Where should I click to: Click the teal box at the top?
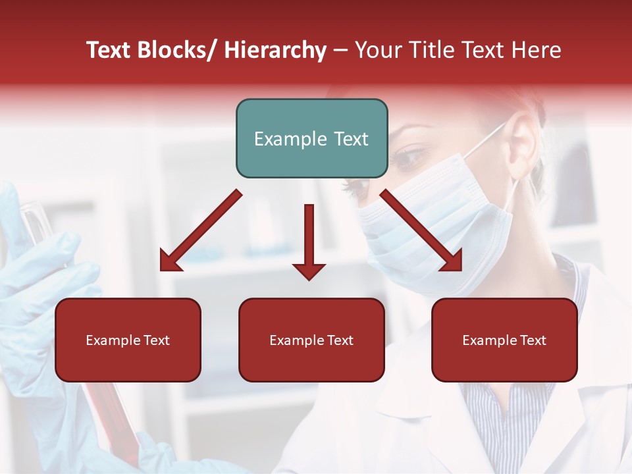click(x=311, y=138)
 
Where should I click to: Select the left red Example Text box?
click(x=128, y=340)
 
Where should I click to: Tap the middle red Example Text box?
click(x=311, y=340)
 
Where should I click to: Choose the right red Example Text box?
click(x=504, y=340)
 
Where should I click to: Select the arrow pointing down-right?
click(x=421, y=231)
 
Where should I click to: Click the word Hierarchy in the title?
click(x=275, y=51)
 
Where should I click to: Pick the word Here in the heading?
click(x=538, y=51)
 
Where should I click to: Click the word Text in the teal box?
click(x=349, y=139)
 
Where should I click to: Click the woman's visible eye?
click(x=411, y=157)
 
